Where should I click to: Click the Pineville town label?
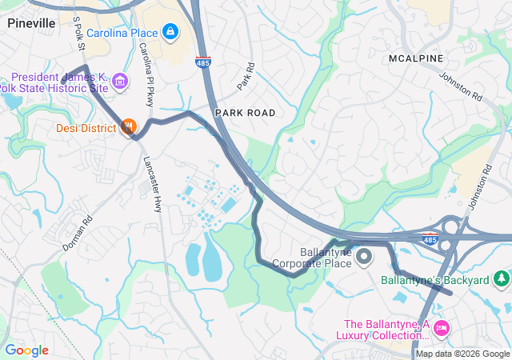(31, 23)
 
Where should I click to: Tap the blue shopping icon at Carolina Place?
(170, 32)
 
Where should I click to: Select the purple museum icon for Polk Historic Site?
(120, 81)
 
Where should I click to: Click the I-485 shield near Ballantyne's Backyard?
(430, 238)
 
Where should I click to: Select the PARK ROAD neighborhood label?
(245, 113)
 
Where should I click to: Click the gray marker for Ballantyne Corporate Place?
(364, 256)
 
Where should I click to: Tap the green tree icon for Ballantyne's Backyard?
(501, 279)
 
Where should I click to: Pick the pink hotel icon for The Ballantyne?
(442, 329)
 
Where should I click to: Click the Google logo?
(26, 350)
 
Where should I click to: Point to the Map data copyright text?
(462, 354)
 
